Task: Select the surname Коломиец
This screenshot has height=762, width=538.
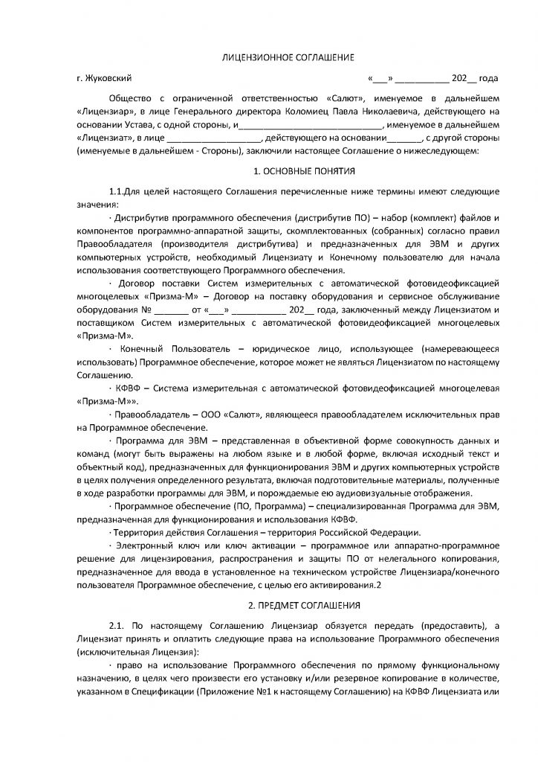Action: (x=314, y=111)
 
